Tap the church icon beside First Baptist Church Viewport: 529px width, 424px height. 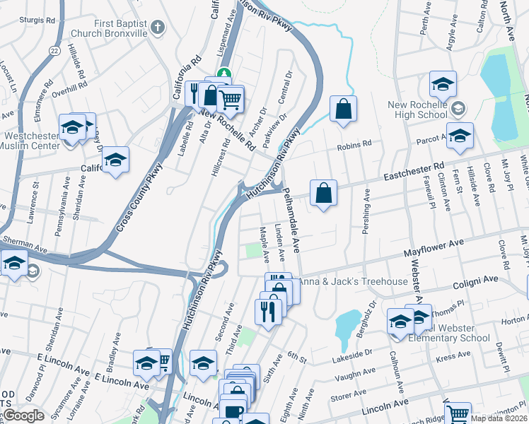(158, 28)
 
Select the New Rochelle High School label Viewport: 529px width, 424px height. (418, 110)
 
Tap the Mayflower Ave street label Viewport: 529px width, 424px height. (434, 247)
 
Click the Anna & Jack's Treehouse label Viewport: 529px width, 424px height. (353, 281)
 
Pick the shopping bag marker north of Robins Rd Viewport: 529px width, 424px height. (343, 110)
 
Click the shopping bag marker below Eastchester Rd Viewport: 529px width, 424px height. (323, 193)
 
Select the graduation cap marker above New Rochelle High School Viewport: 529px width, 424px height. (442, 85)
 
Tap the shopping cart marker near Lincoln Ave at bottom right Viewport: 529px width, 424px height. (458, 414)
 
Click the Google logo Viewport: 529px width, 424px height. (23, 416)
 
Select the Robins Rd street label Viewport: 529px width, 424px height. (354, 145)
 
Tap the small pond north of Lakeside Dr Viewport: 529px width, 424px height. (347, 325)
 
